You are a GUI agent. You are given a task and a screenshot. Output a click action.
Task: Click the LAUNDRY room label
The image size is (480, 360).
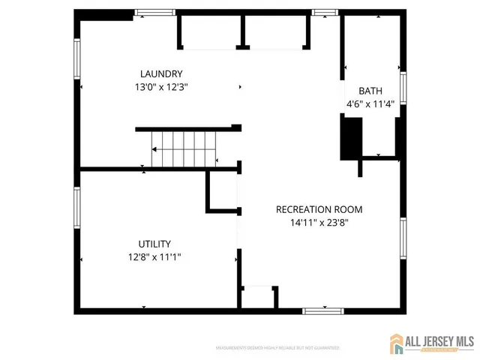(x=161, y=73)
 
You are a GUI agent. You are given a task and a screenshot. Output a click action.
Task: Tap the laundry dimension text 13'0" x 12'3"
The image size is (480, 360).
(x=161, y=86)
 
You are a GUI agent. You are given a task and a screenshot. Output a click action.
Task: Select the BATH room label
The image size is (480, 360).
(x=370, y=90)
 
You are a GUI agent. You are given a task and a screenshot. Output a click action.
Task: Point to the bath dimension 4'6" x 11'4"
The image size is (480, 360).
(x=370, y=104)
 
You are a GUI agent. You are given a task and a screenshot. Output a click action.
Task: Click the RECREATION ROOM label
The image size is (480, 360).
(x=319, y=209)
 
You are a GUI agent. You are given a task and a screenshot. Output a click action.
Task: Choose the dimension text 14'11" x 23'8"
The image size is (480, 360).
(x=319, y=222)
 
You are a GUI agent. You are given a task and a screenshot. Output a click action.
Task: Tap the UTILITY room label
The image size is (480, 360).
(x=154, y=244)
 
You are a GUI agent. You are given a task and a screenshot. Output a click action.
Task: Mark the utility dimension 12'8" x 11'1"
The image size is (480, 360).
(x=154, y=256)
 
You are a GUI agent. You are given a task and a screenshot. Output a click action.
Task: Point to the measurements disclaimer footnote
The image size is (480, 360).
(x=277, y=348)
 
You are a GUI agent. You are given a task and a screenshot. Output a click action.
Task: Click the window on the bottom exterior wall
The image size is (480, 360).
(x=323, y=310)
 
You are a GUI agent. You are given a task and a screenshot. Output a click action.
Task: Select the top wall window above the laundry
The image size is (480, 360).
(x=155, y=13)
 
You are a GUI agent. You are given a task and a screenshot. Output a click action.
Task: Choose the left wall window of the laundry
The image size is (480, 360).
(x=76, y=58)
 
